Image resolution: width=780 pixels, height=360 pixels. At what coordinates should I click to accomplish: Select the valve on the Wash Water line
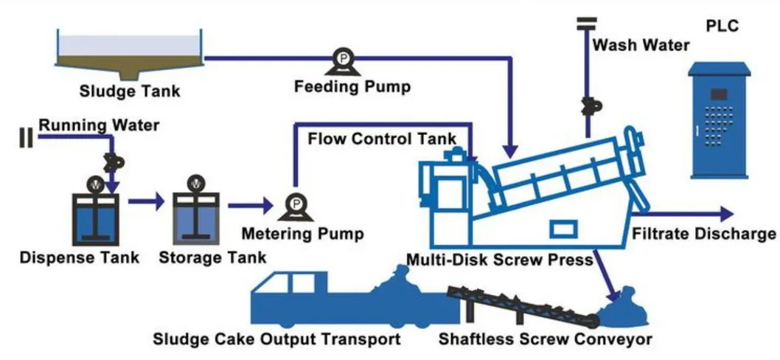tap(588, 106)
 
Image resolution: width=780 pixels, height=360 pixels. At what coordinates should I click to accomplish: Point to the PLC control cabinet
tap(719, 121)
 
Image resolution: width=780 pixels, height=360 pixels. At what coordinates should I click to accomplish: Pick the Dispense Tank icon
tap(94, 217)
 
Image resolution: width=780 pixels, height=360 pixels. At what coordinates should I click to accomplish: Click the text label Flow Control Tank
tap(382, 139)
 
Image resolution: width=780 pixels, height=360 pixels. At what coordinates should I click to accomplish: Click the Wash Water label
tap(641, 45)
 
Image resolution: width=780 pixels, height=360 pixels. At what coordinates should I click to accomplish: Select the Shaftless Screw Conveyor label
tap(546, 339)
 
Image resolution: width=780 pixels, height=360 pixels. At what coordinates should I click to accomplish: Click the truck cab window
tap(301, 283)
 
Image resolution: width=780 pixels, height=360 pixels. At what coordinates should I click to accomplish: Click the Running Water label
tap(98, 125)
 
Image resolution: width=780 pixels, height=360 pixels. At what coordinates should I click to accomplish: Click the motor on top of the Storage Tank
tap(195, 181)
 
